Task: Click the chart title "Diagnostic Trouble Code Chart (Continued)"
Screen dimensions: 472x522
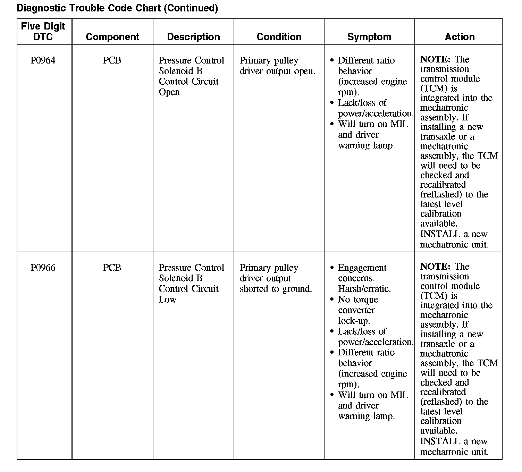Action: click(x=117, y=8)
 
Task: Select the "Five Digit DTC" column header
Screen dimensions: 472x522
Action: click(x=43, y=32)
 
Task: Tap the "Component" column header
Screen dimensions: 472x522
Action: click(x=112, y=37)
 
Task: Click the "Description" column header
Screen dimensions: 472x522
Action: click(x=193, y=37)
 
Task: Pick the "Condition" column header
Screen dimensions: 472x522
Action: click(x=279, y=37)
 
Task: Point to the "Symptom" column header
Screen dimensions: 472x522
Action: click(x=369, y=37)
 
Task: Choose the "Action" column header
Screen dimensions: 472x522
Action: click(x=460, y=37)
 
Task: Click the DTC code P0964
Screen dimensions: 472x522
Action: click(x=43, y=60)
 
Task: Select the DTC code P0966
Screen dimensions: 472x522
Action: click(x=43, y=268)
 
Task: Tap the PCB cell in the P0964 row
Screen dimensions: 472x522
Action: click(x=112, y=60)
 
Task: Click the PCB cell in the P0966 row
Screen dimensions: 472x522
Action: click(x=112, y=268)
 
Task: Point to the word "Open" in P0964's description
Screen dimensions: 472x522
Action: click(x=169, y=92)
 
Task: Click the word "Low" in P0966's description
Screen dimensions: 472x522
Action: click(x=167, y=300)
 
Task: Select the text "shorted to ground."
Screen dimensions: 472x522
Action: click(x=276, y=289)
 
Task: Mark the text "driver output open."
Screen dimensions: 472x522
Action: click(x=277, y=71)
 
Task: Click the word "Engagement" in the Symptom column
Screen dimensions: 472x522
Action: click(x=362, y=268)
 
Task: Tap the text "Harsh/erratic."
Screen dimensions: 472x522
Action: click(x=364, y=289)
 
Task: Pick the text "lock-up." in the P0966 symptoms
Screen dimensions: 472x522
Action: click(x=354, y=321)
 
